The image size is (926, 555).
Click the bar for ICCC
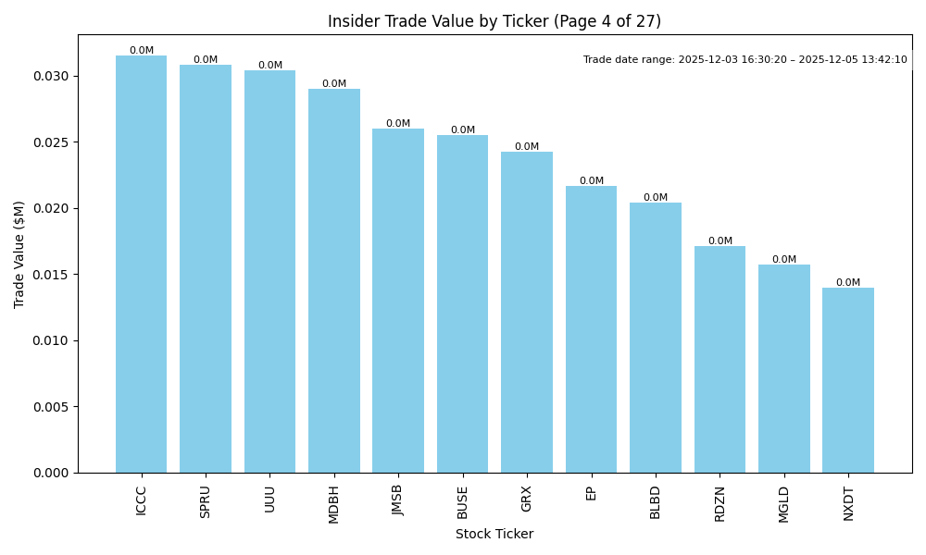141,264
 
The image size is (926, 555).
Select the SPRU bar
206,268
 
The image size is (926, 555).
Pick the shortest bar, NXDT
848,380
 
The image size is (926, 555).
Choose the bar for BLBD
656,338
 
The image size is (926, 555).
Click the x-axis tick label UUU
269,499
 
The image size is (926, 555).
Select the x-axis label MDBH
334,504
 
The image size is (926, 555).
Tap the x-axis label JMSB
398,500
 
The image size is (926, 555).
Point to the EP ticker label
591,493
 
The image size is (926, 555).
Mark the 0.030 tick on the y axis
51,76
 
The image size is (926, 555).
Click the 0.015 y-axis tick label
51,275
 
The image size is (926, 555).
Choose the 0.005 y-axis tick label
51,407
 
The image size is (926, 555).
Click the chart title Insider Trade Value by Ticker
494,21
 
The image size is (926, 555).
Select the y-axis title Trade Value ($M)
19,254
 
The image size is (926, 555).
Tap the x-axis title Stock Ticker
494,534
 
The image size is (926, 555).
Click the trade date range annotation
745,60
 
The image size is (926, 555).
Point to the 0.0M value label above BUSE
463,130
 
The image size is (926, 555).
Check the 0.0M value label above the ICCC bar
142,51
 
